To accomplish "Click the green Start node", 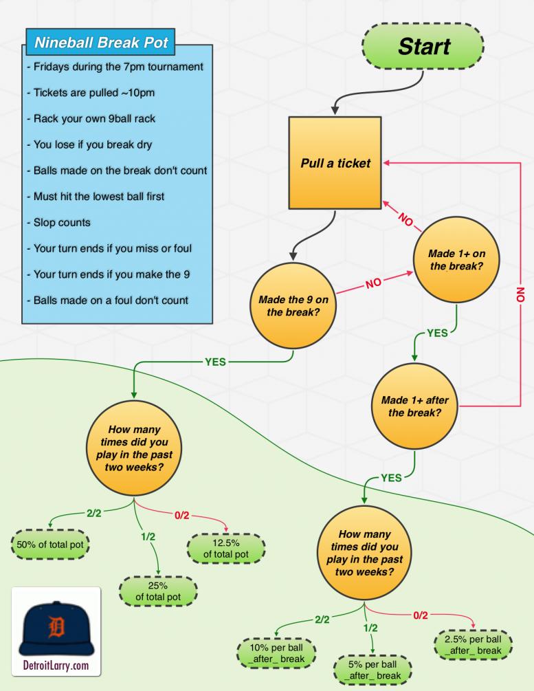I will tap(422, 46).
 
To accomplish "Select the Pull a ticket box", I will tap(335, 163).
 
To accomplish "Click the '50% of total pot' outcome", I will tap(53, 545).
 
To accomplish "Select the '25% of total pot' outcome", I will tap(158, 590).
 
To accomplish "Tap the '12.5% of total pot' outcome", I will tap(226, 547).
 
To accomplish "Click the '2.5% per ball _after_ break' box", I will tap(474, 644).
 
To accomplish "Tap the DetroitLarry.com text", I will tap(55, 666).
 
